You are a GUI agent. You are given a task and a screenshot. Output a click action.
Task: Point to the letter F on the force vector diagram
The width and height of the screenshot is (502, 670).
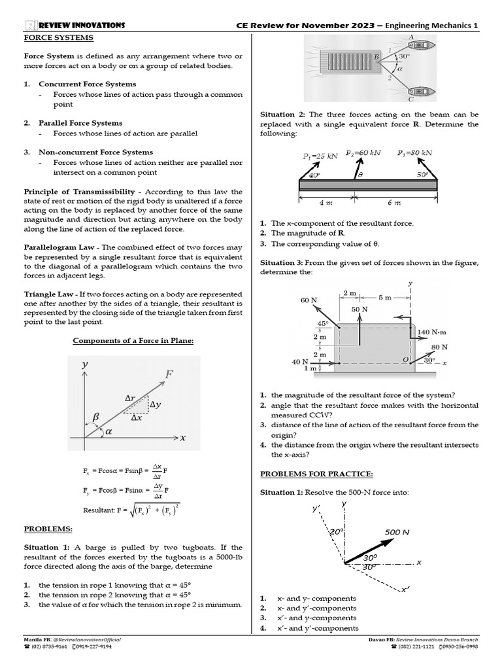coord(169,374)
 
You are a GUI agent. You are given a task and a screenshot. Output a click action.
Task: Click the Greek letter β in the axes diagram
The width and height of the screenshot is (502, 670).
coord(95,416)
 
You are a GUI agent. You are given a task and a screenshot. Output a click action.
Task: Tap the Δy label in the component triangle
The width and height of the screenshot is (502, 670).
coord(156,405)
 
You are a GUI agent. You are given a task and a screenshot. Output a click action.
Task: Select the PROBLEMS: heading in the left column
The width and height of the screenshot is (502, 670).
coord(48,529)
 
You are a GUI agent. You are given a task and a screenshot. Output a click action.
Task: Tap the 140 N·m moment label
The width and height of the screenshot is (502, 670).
coord(432,332)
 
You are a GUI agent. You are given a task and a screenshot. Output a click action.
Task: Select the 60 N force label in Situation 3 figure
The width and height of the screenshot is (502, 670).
coord(309,300)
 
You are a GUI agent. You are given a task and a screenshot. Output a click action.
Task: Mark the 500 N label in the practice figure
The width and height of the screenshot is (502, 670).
coord(397,532)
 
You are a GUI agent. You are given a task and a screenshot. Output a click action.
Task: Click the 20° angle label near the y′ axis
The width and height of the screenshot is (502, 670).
coord(337,533)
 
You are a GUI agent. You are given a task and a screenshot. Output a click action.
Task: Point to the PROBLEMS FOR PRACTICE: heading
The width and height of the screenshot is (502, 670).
coord(317,474)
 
